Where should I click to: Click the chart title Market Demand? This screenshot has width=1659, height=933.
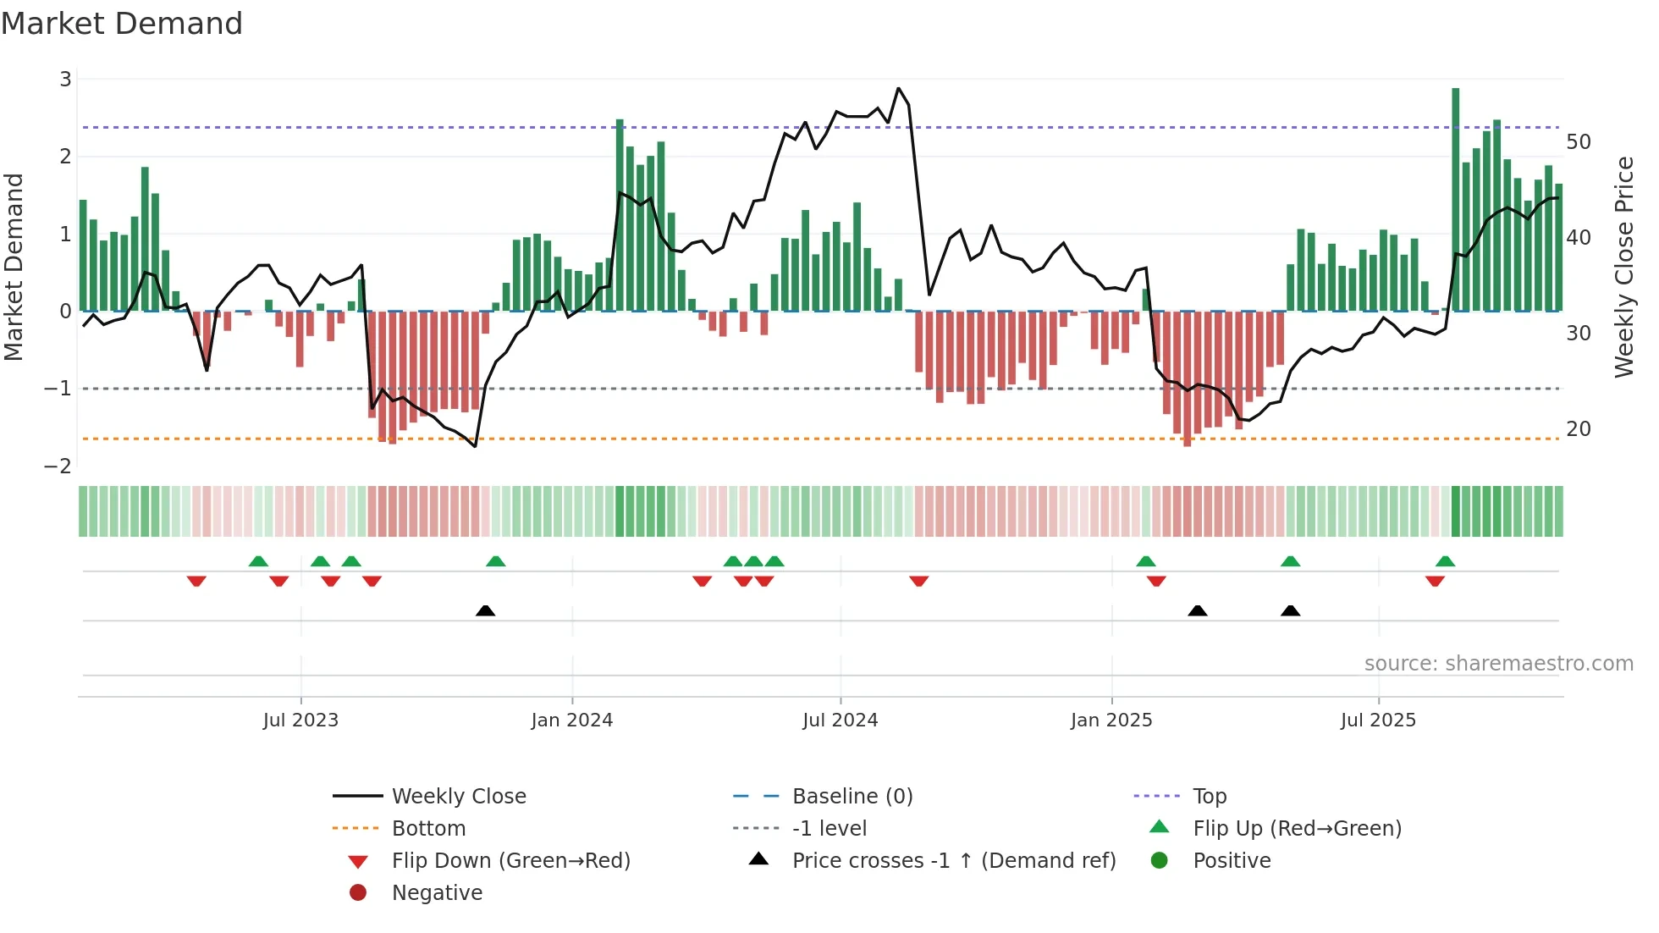tap(122, 24)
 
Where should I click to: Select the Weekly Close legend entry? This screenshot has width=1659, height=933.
tap(458, 797)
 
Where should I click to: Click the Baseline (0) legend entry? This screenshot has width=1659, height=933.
tap(852, 797)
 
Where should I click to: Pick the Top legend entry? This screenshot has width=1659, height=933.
tap(1209, 797)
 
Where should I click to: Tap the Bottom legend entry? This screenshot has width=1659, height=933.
tap(428, 829)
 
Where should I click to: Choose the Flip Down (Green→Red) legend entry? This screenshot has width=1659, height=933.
tap(510, 861)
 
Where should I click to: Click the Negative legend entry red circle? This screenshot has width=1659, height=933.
tap(358, 893)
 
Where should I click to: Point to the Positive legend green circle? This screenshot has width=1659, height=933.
tap(1160, 861)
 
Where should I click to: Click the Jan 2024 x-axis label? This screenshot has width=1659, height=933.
tap(571, 720)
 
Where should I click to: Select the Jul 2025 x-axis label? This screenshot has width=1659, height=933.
tap(1378, 720)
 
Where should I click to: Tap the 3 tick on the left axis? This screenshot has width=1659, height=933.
tap(65, 80)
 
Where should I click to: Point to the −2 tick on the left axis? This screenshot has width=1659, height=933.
tap(58, 466)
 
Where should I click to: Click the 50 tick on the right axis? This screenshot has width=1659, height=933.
tap(1578, 142)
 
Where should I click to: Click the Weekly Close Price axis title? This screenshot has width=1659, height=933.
tap(1623, 267)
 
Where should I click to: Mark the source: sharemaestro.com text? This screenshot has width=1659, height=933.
tap(1498, 664)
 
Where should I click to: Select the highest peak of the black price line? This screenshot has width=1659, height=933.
tap(898, 88)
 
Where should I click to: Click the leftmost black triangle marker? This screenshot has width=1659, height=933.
tap(485, 610)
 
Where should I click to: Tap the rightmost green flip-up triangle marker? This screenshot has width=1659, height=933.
tap(1445, 561)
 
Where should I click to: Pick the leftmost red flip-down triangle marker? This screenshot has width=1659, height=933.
tap(196, 581)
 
